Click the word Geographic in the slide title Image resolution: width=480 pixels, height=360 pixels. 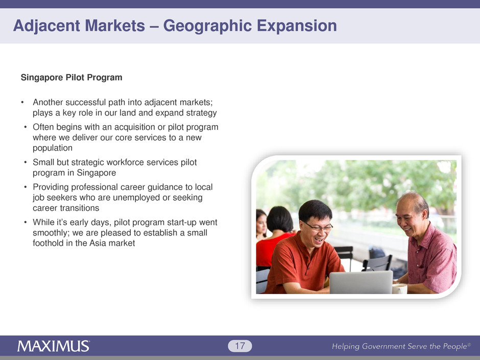[207, 26]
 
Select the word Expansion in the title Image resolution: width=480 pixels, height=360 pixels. [297, 26]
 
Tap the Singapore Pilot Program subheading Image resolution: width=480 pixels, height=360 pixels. [71, 78]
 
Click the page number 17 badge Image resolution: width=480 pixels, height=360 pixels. [240, 346]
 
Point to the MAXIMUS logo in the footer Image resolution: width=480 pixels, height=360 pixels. [54, 346]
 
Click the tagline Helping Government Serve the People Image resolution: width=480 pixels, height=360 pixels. [401, 346]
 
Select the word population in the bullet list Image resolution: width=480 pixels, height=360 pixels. [53, 148]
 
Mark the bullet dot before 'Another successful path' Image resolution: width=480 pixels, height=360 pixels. [22, 102]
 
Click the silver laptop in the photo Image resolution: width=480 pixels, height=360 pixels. [361, 282]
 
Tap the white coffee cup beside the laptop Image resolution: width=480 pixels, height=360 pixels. [399, 289]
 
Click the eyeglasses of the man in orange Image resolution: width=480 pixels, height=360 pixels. [318, 227]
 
